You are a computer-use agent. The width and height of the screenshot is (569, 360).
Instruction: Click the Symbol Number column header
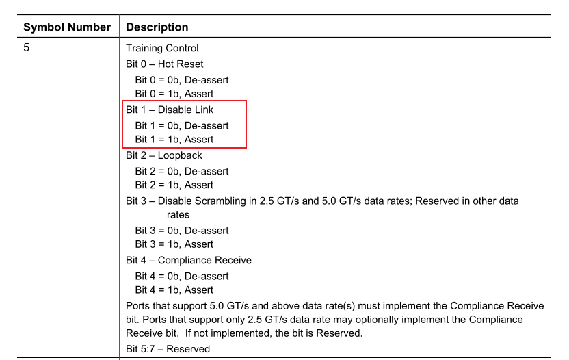point(66,27)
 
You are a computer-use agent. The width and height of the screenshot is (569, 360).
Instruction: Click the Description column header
point(157,27)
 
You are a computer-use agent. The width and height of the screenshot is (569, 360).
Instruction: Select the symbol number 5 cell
point(27,48)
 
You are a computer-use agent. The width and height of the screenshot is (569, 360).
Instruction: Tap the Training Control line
point(162,48)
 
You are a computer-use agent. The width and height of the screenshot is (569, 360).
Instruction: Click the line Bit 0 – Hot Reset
point(164,64)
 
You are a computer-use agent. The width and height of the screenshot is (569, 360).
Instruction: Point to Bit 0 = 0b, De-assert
point(181,80)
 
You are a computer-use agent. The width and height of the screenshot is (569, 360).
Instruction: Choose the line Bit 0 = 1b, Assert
point(174,94)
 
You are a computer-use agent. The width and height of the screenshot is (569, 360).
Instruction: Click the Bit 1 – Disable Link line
point(170,110)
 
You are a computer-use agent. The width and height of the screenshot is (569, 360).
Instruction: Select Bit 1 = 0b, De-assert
point(181,126)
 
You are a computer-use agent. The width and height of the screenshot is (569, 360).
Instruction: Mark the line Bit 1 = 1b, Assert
point(174,140)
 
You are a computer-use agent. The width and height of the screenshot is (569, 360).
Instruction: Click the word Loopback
point(180,155)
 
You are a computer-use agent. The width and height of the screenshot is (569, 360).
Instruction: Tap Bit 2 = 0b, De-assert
point(181,171)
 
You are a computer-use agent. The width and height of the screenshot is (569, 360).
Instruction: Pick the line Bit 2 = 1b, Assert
point(174,185)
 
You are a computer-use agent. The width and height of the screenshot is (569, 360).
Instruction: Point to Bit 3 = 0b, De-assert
point(181,231)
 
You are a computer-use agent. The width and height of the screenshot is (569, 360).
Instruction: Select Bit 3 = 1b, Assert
point(174,244)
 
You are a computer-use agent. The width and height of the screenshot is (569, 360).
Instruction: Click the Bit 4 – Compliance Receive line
point(189,260)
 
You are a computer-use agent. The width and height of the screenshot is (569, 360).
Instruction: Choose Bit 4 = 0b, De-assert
point(181,277)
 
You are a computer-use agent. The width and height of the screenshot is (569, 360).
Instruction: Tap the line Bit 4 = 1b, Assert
point(174,290)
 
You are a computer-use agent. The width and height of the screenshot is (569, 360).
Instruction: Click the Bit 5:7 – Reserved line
point(168,349)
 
